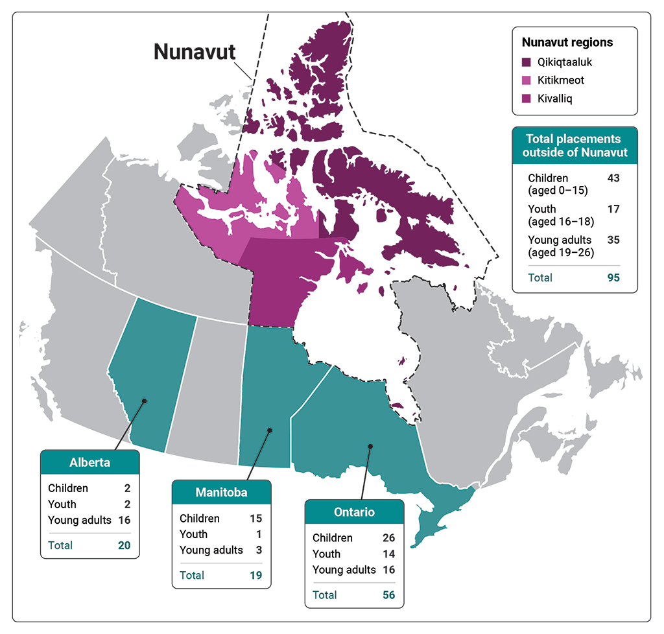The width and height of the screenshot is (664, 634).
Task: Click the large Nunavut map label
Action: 194,52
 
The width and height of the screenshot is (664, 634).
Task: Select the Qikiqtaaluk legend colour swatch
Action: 528,63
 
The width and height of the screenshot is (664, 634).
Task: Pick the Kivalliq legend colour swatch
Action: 528,99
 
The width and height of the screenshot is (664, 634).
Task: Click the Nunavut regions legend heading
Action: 567,43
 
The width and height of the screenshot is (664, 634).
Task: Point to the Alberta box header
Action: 90,463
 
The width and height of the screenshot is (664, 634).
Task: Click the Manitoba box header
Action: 221,493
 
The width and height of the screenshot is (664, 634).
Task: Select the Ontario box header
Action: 354,512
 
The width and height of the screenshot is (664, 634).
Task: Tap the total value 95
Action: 613,277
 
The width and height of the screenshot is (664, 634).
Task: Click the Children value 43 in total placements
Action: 613,178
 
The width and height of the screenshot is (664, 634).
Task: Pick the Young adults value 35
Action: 613,240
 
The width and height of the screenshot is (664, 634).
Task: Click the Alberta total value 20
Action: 124,545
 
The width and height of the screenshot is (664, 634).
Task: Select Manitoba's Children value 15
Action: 255,519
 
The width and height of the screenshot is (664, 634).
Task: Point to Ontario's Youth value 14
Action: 388,554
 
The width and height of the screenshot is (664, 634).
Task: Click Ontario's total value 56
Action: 388,594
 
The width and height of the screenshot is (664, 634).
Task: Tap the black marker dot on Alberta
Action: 144,401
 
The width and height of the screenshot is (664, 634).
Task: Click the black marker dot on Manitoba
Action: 270,430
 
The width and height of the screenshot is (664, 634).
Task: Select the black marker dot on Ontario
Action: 370,446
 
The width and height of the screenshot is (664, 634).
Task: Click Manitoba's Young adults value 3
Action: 258,550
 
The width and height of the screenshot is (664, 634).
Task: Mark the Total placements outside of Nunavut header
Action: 573,146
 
